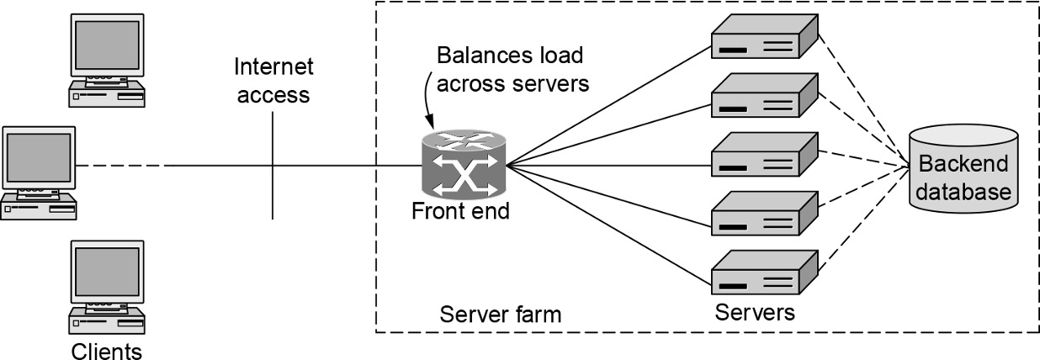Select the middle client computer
point(39,173)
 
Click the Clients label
point(106,348)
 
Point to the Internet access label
point(273,81)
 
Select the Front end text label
point(460,210)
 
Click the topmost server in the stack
point(764,39)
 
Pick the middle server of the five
point(764,154)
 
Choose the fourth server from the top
point(764,213)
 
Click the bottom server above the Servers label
point(764,270)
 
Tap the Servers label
point(754,313)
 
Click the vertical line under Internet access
point(273,193)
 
